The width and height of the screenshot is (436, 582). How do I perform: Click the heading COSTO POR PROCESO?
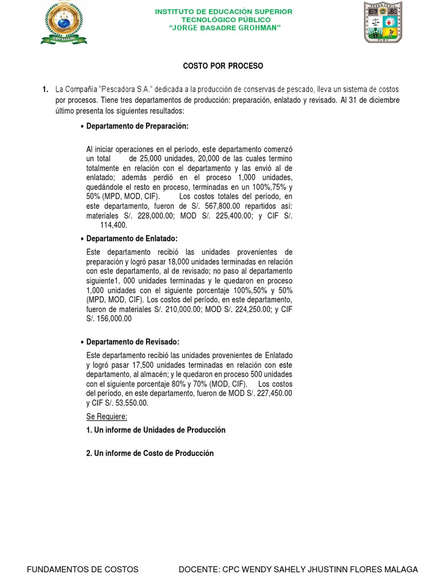223,66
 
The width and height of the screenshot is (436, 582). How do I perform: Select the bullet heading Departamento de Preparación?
137,126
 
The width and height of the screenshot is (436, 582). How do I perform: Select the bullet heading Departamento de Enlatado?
132,239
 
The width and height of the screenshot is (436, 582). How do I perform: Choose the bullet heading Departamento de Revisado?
132,342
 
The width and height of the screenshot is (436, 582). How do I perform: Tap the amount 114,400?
114,225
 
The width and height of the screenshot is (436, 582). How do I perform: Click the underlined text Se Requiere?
107,417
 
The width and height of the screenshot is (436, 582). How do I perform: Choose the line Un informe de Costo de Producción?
150,453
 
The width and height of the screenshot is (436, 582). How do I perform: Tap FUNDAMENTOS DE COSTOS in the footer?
83,569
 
